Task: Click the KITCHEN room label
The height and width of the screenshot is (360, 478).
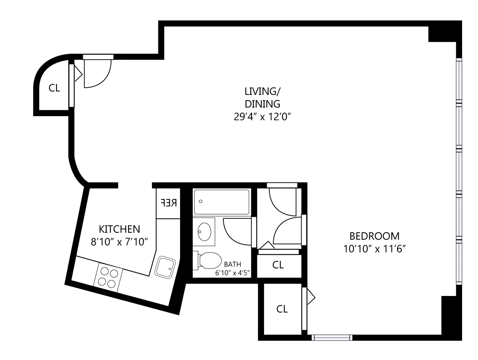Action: pos(119,229)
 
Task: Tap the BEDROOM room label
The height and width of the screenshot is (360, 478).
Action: pos(374,236)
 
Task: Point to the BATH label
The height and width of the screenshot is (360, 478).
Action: pos(232,264)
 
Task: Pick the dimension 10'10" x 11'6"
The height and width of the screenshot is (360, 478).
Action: pos(374,249)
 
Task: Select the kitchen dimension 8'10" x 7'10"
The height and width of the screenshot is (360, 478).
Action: pos(119,242)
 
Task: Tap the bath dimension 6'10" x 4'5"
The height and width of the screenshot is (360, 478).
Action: pos(232,273)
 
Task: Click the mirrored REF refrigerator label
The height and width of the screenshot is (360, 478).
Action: pos(168,203)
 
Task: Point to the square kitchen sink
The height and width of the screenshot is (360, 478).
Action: pos(165,267)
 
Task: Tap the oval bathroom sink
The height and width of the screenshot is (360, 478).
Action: pos(205,231)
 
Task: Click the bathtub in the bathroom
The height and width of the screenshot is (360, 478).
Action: pos(222,202)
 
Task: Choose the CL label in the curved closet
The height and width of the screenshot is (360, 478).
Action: pos(54,88)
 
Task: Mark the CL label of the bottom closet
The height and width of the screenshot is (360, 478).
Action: pos(282,309)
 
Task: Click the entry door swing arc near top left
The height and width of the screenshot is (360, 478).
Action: pos(97,74)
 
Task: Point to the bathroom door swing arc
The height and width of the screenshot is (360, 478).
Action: pos(237,231)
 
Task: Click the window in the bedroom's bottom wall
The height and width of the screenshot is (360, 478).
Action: pos(332,338)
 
